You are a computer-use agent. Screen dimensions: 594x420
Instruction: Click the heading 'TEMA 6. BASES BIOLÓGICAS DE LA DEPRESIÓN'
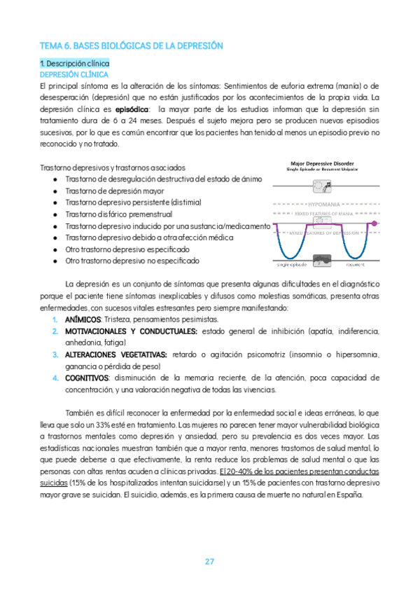coord(131,46)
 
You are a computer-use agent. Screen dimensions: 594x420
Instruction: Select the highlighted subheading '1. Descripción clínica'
coord(74,64)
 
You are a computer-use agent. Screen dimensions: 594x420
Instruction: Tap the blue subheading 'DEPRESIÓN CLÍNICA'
coord(73,74)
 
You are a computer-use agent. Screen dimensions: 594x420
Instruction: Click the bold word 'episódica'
coord(132,109)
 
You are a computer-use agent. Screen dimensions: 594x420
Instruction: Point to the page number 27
coord(210,561)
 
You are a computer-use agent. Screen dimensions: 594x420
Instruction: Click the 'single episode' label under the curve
coord(292,265)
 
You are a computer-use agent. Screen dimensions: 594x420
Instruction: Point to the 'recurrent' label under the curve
coord(356,265)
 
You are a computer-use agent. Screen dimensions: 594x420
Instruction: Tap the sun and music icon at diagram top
coord(323,186)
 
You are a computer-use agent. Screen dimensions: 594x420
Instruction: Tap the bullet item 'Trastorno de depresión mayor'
coord(114,191)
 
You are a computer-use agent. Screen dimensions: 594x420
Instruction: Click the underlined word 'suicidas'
coord(55,483)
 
